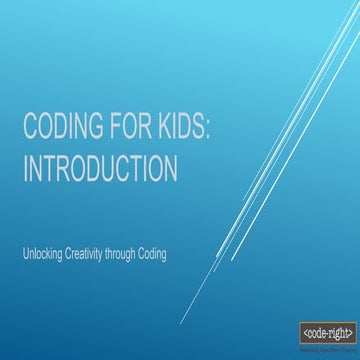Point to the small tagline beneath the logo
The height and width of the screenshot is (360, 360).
tap(326, 343)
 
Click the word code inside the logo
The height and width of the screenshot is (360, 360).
tap(316, 331)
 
